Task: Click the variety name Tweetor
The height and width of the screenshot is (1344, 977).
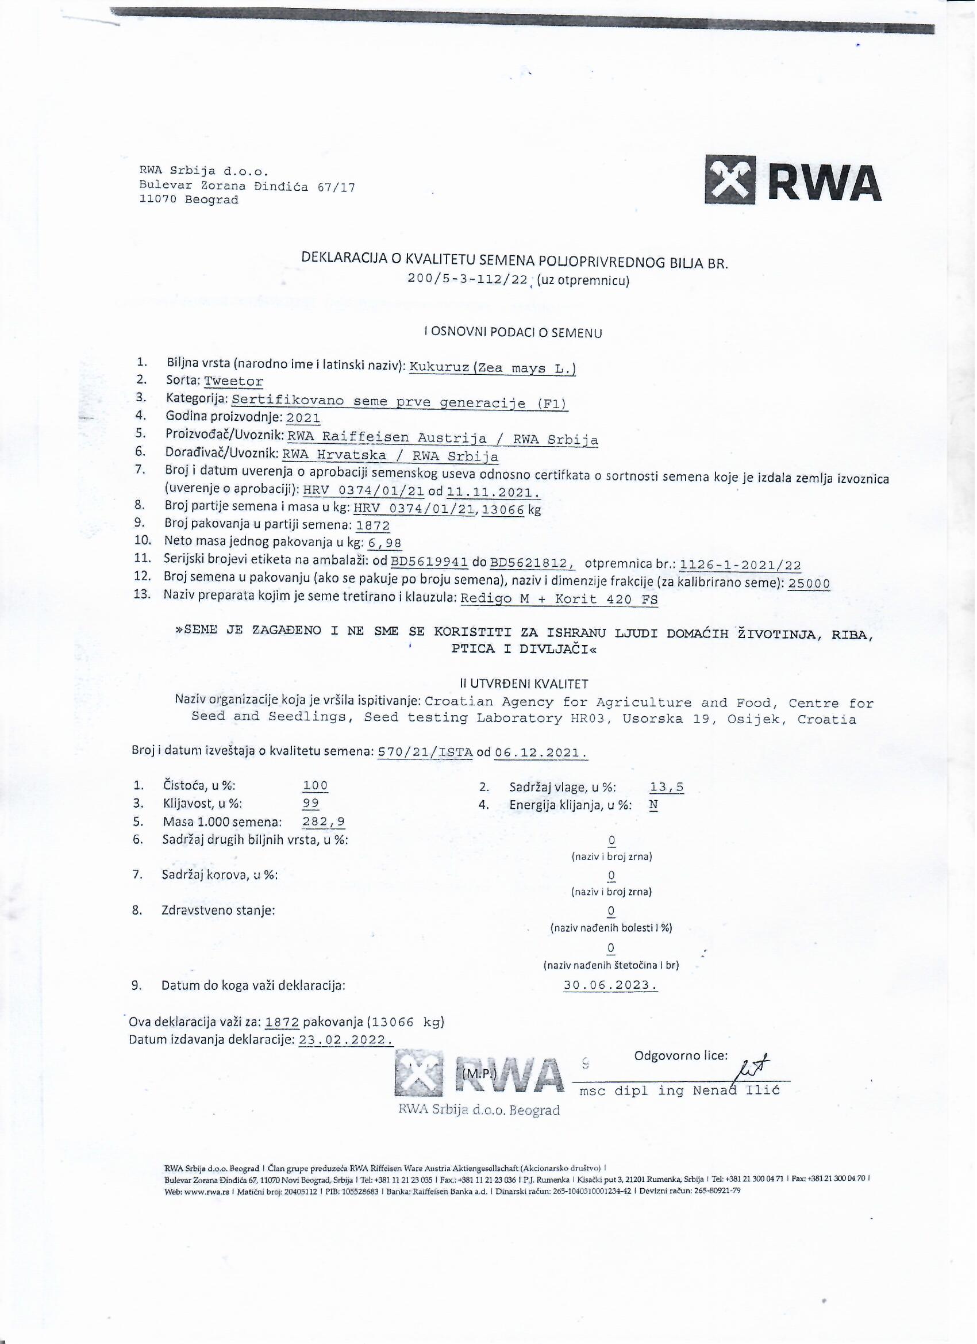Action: coord(233,382)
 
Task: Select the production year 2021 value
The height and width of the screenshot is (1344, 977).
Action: coord(303,418)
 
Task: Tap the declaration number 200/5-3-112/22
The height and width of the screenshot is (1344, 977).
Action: coord(468,280)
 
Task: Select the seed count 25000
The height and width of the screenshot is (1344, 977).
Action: coord(809,583)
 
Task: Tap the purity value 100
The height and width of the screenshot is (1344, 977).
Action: coord(315,786)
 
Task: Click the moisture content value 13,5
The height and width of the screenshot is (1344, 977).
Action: coord(667,788)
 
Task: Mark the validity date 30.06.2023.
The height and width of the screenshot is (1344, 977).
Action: coord(610,985)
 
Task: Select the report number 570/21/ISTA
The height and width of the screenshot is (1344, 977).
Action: coord(425,752)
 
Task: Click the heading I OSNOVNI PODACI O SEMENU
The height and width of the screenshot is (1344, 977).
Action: coord(513,333)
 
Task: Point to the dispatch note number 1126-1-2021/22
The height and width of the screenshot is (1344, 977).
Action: coord(741,565)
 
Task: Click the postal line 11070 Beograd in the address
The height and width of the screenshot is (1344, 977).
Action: coord(189,200)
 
